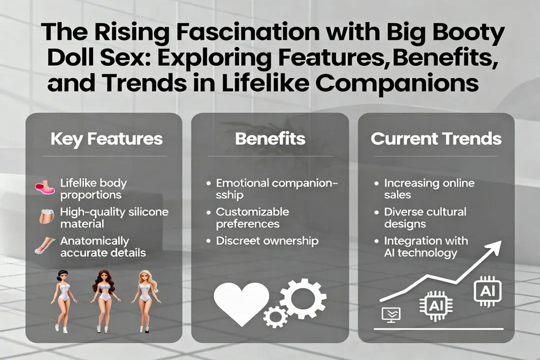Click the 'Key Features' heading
click(x=106, y=139)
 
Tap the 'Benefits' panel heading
click(x=270, y=139)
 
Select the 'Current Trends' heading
click(x=436, y=139)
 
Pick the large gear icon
click(x=303, y=299)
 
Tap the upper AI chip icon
click(x=487, y=291)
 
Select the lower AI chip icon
click(x=436, y=306)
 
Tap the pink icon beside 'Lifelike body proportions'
click(x=45, y=188)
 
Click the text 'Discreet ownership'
click(x=267, y=241)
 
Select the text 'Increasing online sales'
click(x=429, y=189)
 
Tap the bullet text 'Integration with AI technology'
click(x=426, y=247)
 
